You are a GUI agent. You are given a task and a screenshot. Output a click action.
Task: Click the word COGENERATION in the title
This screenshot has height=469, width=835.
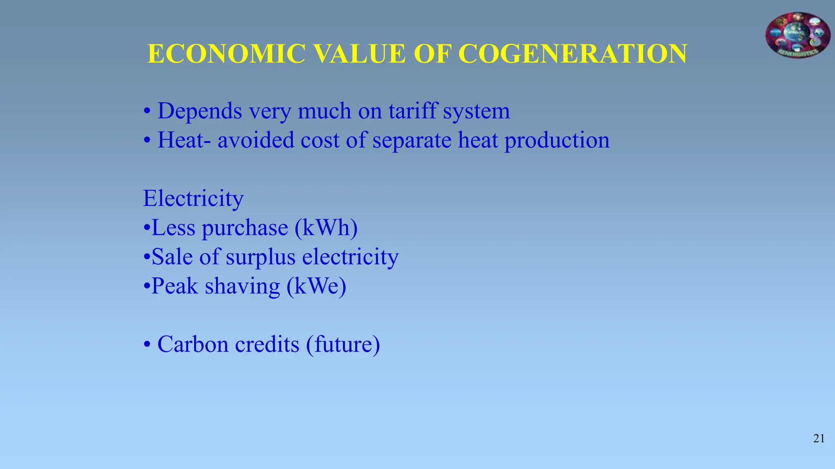click(x=572, y=54)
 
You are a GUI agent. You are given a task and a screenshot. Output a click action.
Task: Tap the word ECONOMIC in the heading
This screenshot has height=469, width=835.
click(x=226, y=54)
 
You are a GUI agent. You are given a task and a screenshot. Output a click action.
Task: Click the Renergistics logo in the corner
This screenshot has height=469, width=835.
click(x=797, y=35)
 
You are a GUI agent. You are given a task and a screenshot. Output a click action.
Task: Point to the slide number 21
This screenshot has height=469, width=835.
click(x=819, y=438)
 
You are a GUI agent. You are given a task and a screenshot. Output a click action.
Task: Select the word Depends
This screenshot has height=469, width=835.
click(x=200, y=112)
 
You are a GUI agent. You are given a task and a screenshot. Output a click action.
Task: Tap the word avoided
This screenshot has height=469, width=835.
click(x=256, y=140)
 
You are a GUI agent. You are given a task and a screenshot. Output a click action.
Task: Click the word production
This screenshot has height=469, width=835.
click(x=557, y=141)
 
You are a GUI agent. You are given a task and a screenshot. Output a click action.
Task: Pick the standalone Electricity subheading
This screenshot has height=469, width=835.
click(x=193, y=199)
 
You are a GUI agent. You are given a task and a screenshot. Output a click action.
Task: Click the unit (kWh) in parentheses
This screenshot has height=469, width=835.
click(x=326, y=228)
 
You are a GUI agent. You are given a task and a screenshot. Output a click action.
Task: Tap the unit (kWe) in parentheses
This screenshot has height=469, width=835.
click(x=316, y=286)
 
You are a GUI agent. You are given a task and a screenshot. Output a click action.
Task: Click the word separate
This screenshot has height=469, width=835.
click(x=412, y=141)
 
